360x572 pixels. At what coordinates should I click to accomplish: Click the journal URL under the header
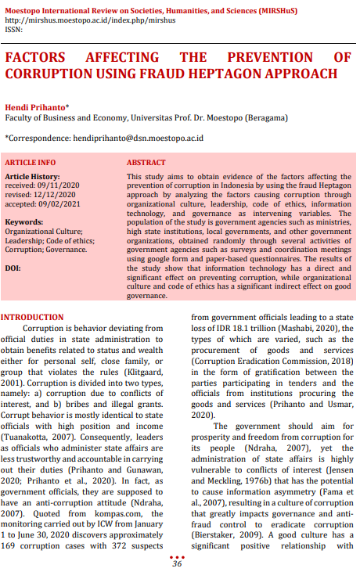(x=89, y=21)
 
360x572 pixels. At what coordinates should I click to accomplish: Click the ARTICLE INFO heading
(x=31, y=162)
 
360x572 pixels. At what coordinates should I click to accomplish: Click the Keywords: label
(x=24, y=221)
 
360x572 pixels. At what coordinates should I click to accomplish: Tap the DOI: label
(x=13, y=268)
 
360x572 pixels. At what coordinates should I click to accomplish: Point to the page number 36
(x=177, y=563)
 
